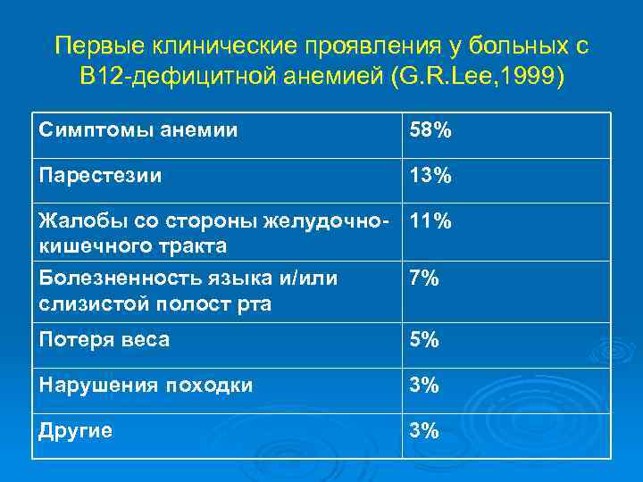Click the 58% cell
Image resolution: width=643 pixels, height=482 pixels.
click(x=430, y=131)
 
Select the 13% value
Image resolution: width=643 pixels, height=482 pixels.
click(x=430, y=176)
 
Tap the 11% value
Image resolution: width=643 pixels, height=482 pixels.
click(x=430, y=220)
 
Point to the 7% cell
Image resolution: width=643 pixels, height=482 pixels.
click(x=424, y=278)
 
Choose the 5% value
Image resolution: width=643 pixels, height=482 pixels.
click(x=424, y=340)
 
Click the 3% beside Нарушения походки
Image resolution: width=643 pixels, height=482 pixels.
click(x=424, y=386)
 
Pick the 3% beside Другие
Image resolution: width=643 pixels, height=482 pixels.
click(x=424, y=431)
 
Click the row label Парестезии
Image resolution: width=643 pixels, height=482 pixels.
click(x=100, y=176)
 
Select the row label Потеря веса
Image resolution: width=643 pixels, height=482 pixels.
click(x=104, y=340)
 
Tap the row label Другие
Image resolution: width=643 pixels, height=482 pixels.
click(x=76, y=431)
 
